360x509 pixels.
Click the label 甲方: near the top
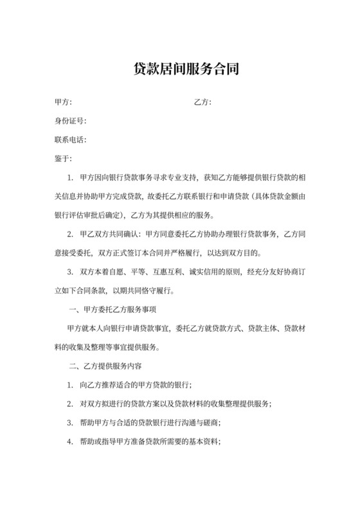pos(63,102)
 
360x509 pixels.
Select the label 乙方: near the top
pos(203,102)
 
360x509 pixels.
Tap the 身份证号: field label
pos(71,121)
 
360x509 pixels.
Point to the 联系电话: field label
pos(71,139)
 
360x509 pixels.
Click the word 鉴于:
pos(63,158)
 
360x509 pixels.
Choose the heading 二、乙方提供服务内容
pos(105,366)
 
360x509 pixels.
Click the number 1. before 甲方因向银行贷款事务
pos(70,177)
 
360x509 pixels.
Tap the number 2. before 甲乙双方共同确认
pos(70,234)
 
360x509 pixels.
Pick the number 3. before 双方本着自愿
pos(70,272)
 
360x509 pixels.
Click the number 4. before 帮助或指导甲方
pos(70,442)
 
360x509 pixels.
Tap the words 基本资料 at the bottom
pos(204,442)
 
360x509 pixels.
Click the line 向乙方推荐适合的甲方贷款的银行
pos(135,385)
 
